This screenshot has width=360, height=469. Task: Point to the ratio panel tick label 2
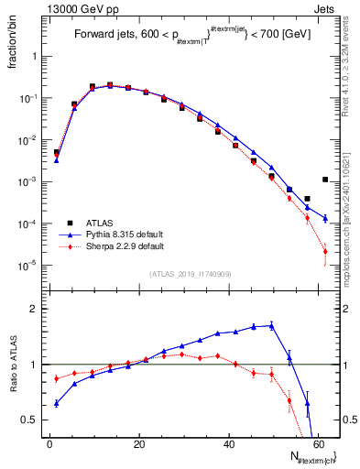(x=32, y=310)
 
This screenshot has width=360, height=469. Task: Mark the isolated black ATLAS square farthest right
(x=325, y=180)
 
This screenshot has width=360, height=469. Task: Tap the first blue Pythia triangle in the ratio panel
(x=57, y=403)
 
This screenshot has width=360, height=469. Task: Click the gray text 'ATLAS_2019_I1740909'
(x=189, y=274)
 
